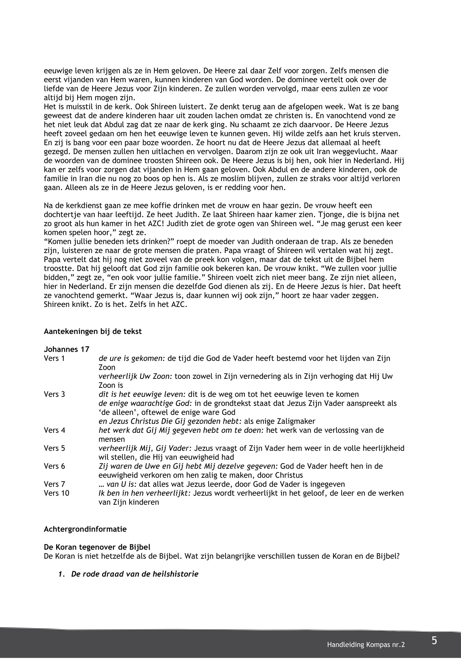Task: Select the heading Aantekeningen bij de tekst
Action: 93,331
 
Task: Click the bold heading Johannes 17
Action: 66,349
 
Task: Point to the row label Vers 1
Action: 54,358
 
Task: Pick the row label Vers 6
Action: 54,466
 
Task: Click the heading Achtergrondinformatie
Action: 85,529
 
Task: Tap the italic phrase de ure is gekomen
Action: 132,358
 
